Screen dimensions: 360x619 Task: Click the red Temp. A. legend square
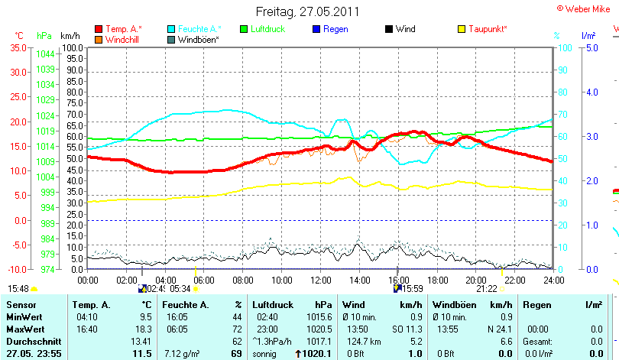99,29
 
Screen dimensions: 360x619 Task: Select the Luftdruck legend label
267,29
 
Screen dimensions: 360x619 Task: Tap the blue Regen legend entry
334,29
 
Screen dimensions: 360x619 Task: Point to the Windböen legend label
199,39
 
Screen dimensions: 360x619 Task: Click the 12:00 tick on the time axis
321,280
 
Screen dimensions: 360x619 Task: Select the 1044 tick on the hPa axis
45,54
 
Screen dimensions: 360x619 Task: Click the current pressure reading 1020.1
317,353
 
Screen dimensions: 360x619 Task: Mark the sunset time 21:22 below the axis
486,289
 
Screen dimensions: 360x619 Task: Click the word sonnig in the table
266,353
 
